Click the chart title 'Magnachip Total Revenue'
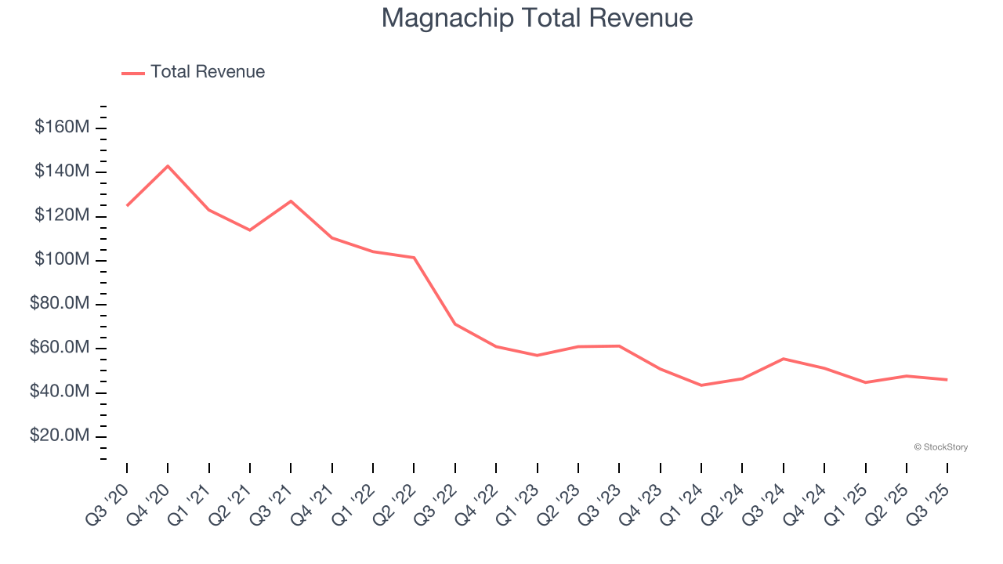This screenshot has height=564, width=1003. (x=537, y=18)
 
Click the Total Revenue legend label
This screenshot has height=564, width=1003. (x=208, y=72)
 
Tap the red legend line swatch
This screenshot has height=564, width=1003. (x=133, y=73)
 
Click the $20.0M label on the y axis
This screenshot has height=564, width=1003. (x=60, y=436)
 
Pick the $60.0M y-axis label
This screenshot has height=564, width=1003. (x=60, y=348)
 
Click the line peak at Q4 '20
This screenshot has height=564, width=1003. (x=168, y=166)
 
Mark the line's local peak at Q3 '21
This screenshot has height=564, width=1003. (x=291, y=201)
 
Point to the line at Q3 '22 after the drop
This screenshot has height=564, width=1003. (x=455, y=324)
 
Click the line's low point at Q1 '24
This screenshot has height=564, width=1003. (x=701, y=385)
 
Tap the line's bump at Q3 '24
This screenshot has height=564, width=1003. (x=784, y=359)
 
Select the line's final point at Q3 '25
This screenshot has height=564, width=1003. (x=947, y=380)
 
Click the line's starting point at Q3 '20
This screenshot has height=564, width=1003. (x=127, y=205)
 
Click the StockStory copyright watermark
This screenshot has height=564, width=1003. (x=940, y=447)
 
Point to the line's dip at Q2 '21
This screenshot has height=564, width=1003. (x=250, y=230)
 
